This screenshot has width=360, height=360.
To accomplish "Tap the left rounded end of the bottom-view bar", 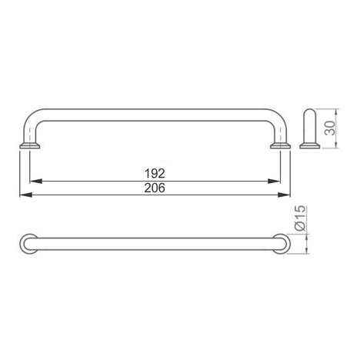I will coord(26,244).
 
